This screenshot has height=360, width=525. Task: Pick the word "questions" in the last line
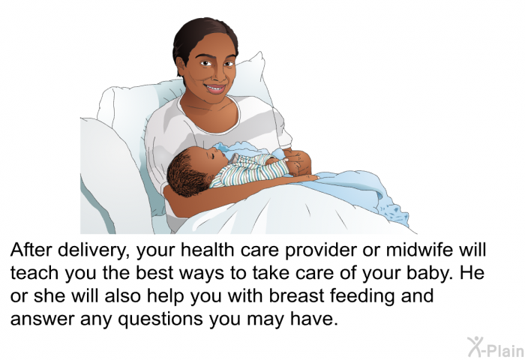160,319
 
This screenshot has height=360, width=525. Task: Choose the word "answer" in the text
43,319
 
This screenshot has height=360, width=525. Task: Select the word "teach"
34,272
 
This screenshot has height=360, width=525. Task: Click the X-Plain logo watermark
496,347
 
